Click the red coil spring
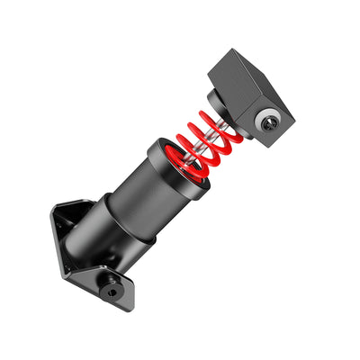209,144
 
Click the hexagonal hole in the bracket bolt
110,290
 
